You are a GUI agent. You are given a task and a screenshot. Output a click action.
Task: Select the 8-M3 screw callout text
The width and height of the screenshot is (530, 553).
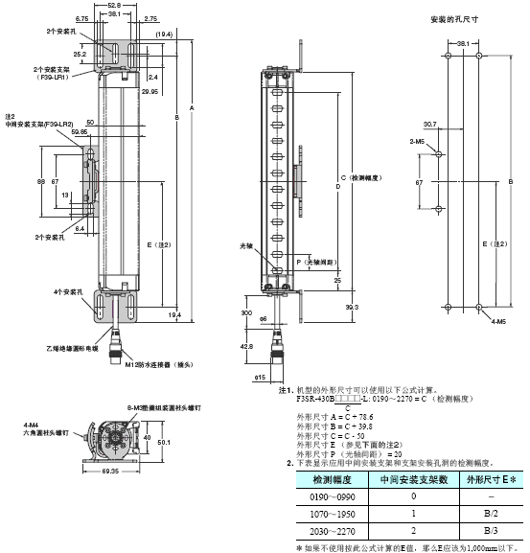point(165,407)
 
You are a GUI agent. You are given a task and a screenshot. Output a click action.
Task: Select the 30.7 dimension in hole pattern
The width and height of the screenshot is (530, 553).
point(428,124)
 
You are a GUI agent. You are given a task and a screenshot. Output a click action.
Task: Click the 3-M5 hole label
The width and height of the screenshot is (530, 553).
point(418,141)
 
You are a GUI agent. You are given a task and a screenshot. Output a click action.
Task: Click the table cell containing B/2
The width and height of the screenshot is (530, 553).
point(490,515)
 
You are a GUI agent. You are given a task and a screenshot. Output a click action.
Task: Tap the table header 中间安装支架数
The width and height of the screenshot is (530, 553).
point(413,478)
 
